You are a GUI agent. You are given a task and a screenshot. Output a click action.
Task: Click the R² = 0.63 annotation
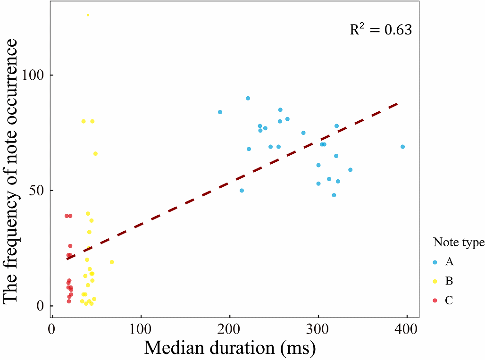point(381,30)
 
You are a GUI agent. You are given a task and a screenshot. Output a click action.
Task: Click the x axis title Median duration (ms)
point(229,348)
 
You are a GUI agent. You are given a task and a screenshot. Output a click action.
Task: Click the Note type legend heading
point(459,243)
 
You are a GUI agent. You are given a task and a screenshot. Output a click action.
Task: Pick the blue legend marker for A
point(435,261)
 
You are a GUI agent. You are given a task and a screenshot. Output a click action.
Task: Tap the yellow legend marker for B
point(435,281)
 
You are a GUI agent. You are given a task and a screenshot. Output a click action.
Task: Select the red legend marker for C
point(435,301)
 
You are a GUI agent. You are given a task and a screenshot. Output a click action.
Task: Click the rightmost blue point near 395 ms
point(402,147)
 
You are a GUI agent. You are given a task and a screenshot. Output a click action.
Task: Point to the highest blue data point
point(248,98)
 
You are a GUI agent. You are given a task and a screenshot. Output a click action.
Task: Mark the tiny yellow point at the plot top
point(88,15)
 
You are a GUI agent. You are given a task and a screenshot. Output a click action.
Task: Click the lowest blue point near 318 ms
point(334,195)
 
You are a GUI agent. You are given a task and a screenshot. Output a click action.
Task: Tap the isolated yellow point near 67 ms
point(112,262)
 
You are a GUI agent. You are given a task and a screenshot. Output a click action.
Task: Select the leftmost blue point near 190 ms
point(220,112)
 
